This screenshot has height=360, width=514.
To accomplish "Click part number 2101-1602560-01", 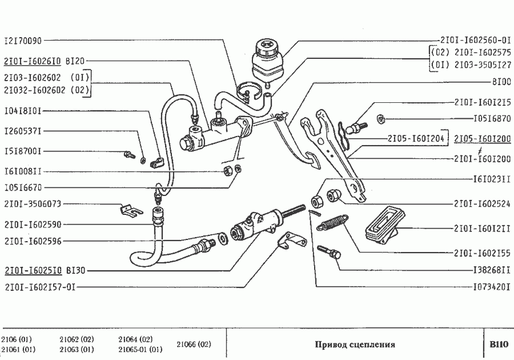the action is point(475,41).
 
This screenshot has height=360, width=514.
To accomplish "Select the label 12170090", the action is point(23,41).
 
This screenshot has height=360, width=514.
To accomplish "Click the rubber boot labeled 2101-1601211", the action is point(382,225).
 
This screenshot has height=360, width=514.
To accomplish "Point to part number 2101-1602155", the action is point(482,253).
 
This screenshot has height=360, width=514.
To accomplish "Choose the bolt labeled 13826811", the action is point(329,252).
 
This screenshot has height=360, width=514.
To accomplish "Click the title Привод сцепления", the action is point(355,344).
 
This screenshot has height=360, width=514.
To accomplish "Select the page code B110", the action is point(499,344).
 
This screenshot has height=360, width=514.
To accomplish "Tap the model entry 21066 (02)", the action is point(194,344).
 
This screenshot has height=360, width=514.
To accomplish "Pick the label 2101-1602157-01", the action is point(40,287).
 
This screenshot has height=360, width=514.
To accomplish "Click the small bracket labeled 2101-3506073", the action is point(131,210).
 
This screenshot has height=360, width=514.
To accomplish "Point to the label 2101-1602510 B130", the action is point(45,271).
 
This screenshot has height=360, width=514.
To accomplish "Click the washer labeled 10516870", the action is point(380,119).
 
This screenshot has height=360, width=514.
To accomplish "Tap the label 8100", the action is point(501,82).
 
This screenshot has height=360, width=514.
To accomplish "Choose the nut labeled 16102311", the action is point(317,201).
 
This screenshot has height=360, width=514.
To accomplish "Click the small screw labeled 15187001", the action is point(130,154).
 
